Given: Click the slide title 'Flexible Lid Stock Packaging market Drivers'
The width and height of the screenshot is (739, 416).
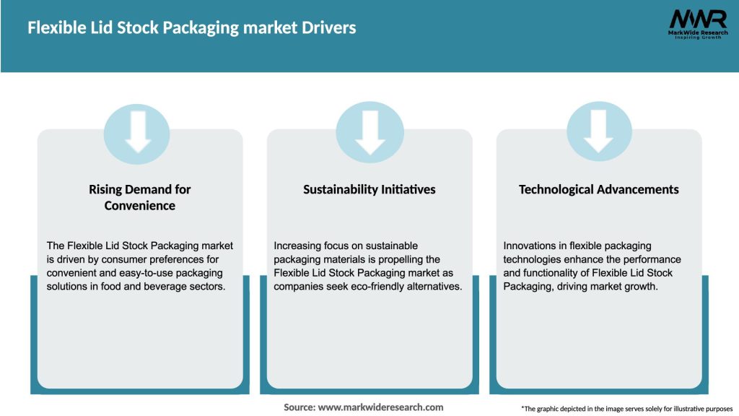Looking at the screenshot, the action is (x=191, y=28).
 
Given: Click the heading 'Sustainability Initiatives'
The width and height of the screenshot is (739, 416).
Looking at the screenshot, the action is (x=369, y=189).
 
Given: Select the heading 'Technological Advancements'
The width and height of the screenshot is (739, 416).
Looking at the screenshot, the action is (x=599, y=189).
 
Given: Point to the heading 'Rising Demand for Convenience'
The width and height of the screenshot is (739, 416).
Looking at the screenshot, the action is (x=140, y=197).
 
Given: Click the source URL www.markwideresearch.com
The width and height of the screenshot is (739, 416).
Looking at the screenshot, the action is (x=381, y=407).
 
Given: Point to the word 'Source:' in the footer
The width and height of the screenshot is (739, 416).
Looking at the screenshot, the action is (x=299, y=407).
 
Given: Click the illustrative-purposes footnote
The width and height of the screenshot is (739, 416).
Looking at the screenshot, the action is (x=626, y=409).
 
